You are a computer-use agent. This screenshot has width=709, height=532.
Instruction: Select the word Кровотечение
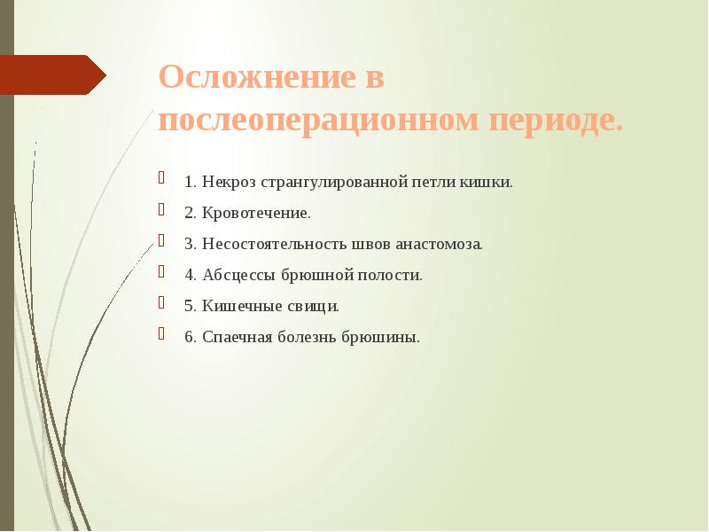tap(256, 214)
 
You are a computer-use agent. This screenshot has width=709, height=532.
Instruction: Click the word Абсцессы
tap(238, 276)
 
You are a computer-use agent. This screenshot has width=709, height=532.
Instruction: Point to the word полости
tap(390, 276)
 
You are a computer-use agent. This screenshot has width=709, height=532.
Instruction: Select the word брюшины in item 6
tap(386, 338)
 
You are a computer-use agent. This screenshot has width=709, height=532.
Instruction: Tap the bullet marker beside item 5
tap(161, 303)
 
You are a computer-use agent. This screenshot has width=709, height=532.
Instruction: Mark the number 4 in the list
tap(189, 276)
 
